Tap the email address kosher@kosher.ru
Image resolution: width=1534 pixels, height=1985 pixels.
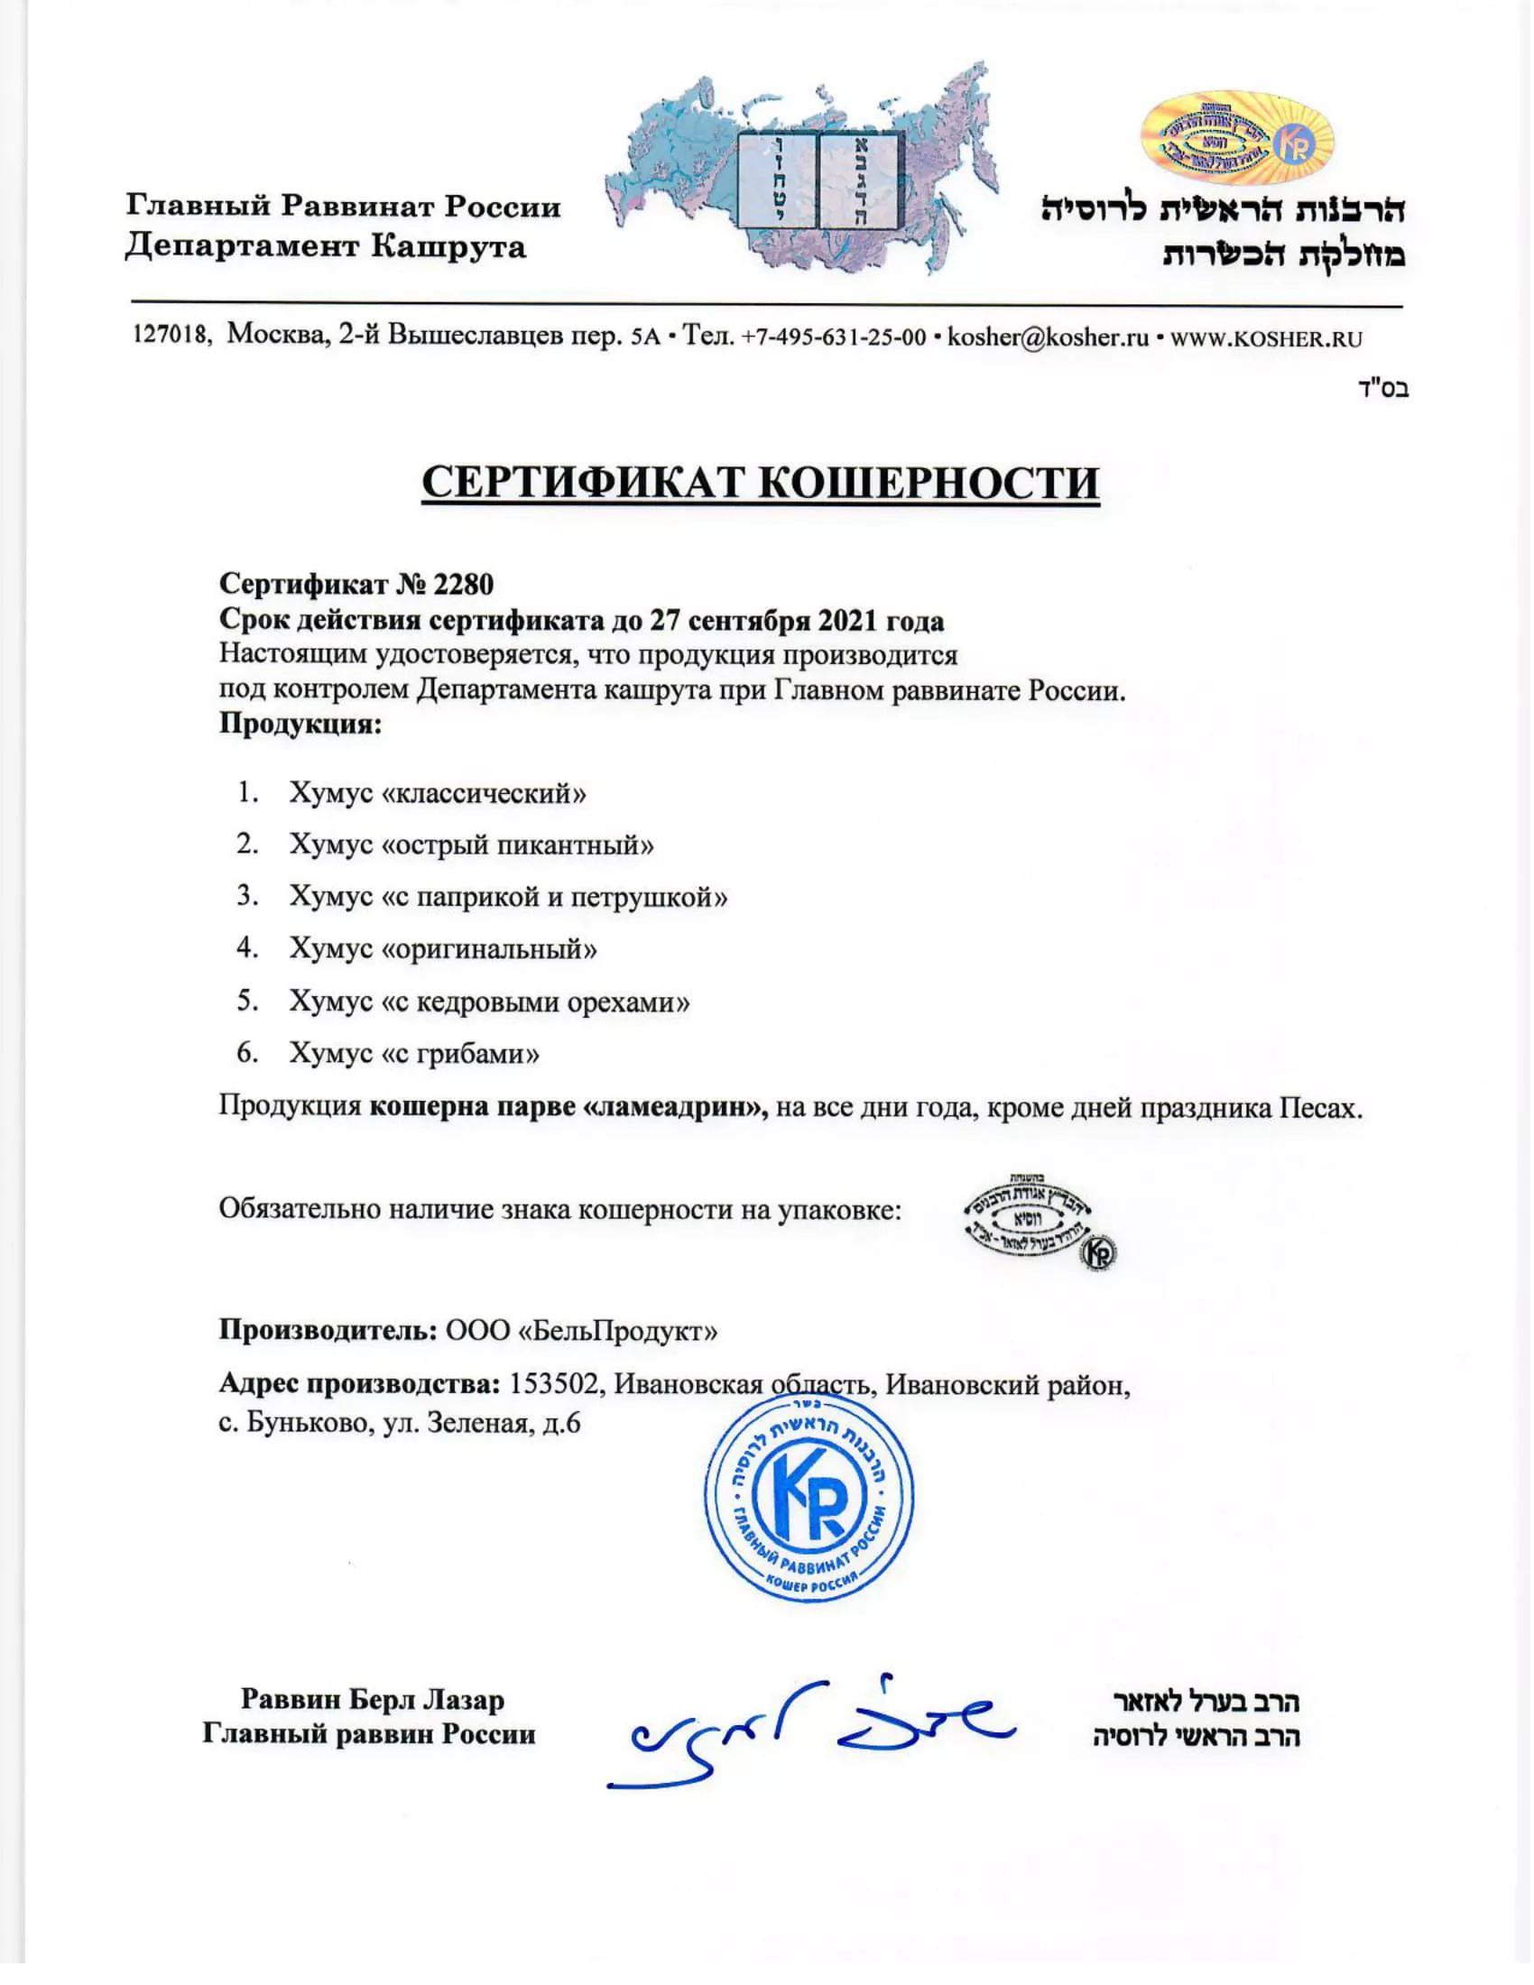click(1048, 338)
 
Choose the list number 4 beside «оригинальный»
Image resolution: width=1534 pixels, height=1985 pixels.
click(247, 948)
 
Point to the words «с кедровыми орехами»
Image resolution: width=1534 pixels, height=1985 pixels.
click(535, 1002)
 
